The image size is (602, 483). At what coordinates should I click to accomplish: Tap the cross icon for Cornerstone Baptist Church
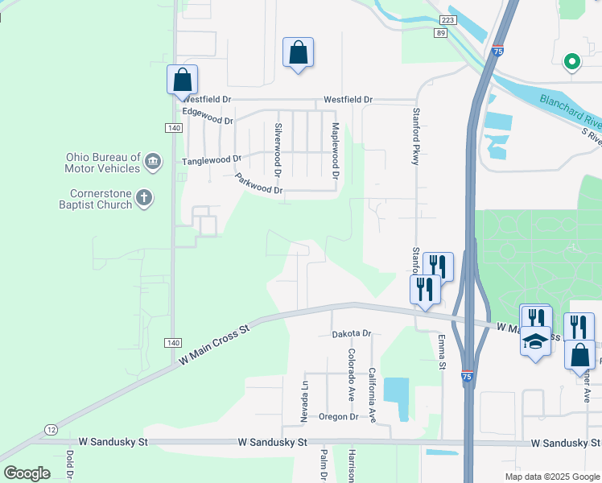[x=144, y=198]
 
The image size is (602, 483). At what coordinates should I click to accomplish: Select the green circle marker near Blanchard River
[x=572, y=61]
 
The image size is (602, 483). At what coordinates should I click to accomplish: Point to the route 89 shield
[x=439, y=32]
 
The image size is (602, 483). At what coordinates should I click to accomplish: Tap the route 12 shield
[x=51, y=428]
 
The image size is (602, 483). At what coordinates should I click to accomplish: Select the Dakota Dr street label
[x=351, y=333]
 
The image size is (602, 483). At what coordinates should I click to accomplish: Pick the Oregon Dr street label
[x=338, y=416]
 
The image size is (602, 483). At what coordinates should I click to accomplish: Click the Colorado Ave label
[x=352, y=376]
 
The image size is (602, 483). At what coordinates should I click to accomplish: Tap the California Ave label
[x=373, y=394]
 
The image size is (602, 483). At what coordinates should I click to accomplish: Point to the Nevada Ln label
[x=305, y=400]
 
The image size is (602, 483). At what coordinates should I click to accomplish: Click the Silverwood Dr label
[x=278, y=150]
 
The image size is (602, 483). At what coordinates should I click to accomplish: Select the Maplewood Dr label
[x=336, y=151]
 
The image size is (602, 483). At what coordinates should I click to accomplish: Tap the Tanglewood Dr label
[x=212, y=160]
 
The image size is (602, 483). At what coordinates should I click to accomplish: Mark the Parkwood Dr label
[x=258, y=184]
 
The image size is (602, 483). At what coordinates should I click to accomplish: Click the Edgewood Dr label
[x=208, y=116]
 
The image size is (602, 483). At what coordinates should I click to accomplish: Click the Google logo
[x=27, y=473]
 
